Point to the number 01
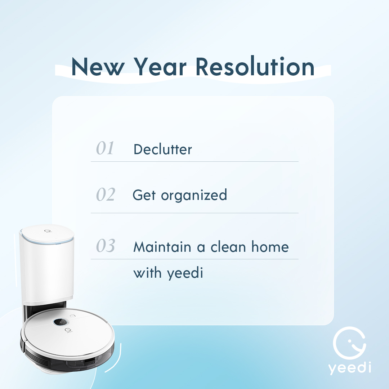click(x=105, y=148)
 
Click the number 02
click(x=105, y=194)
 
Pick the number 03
click(x=105, y=246)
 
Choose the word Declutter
click(x=162, y=149)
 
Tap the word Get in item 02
click(x=144, y=195)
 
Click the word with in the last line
click(x=147, y=273)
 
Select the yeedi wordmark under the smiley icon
click(x=349, y=368)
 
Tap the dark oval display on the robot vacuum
click(x=62, y=322)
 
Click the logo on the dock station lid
click(x=47, y=232)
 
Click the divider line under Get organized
click(x=194, y=213)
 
